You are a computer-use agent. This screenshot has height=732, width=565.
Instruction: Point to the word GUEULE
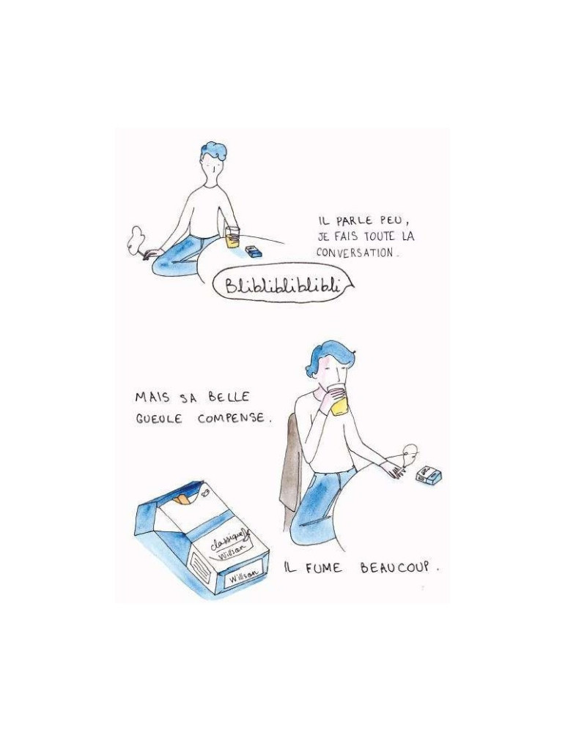(158, 419)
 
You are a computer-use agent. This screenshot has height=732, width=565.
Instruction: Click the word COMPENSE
(232, 418)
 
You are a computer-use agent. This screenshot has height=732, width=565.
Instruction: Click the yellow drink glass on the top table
(232, 236)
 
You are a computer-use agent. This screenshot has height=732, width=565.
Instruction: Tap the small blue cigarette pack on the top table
(254, 251)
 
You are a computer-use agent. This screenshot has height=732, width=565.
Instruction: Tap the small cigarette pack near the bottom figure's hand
(429, 475)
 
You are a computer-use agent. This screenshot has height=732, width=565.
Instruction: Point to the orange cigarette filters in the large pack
(182, 500)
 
